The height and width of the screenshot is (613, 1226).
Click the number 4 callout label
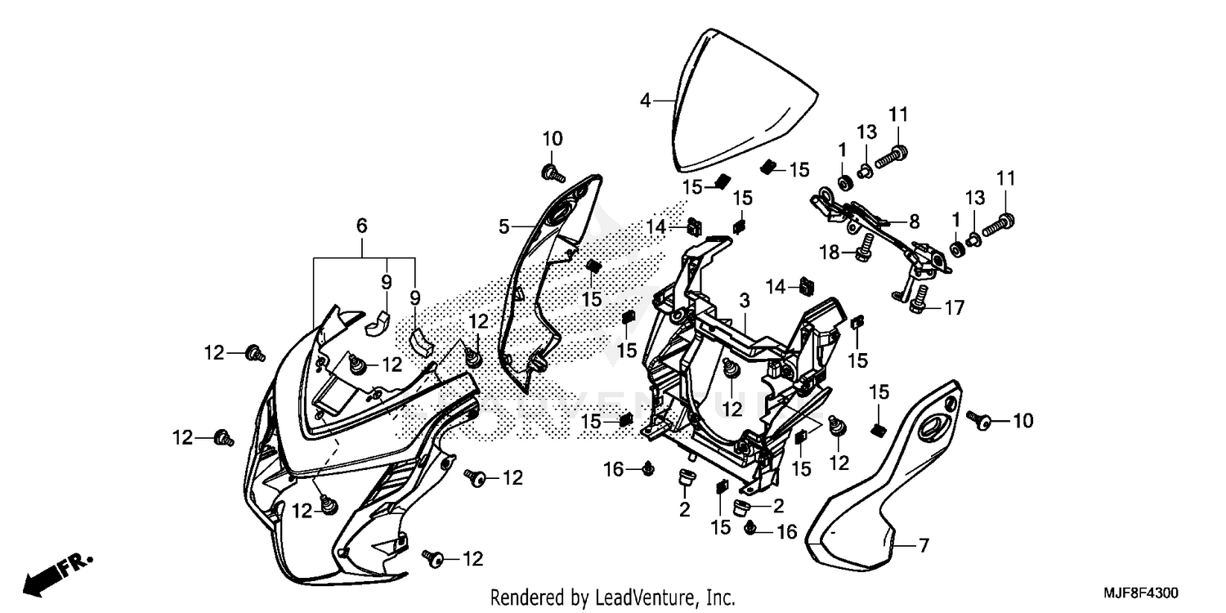pyautogui.click(x=645, y=101)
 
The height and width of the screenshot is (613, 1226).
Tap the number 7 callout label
pyautogui.click(x=923, y=546)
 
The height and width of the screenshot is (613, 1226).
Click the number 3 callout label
pyautogui.click(x=744, y=301)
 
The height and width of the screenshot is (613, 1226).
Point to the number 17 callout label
pyautogui.click(x=953, y=308)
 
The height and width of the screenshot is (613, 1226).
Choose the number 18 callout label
pyautogui.click(x=829, y=253)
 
